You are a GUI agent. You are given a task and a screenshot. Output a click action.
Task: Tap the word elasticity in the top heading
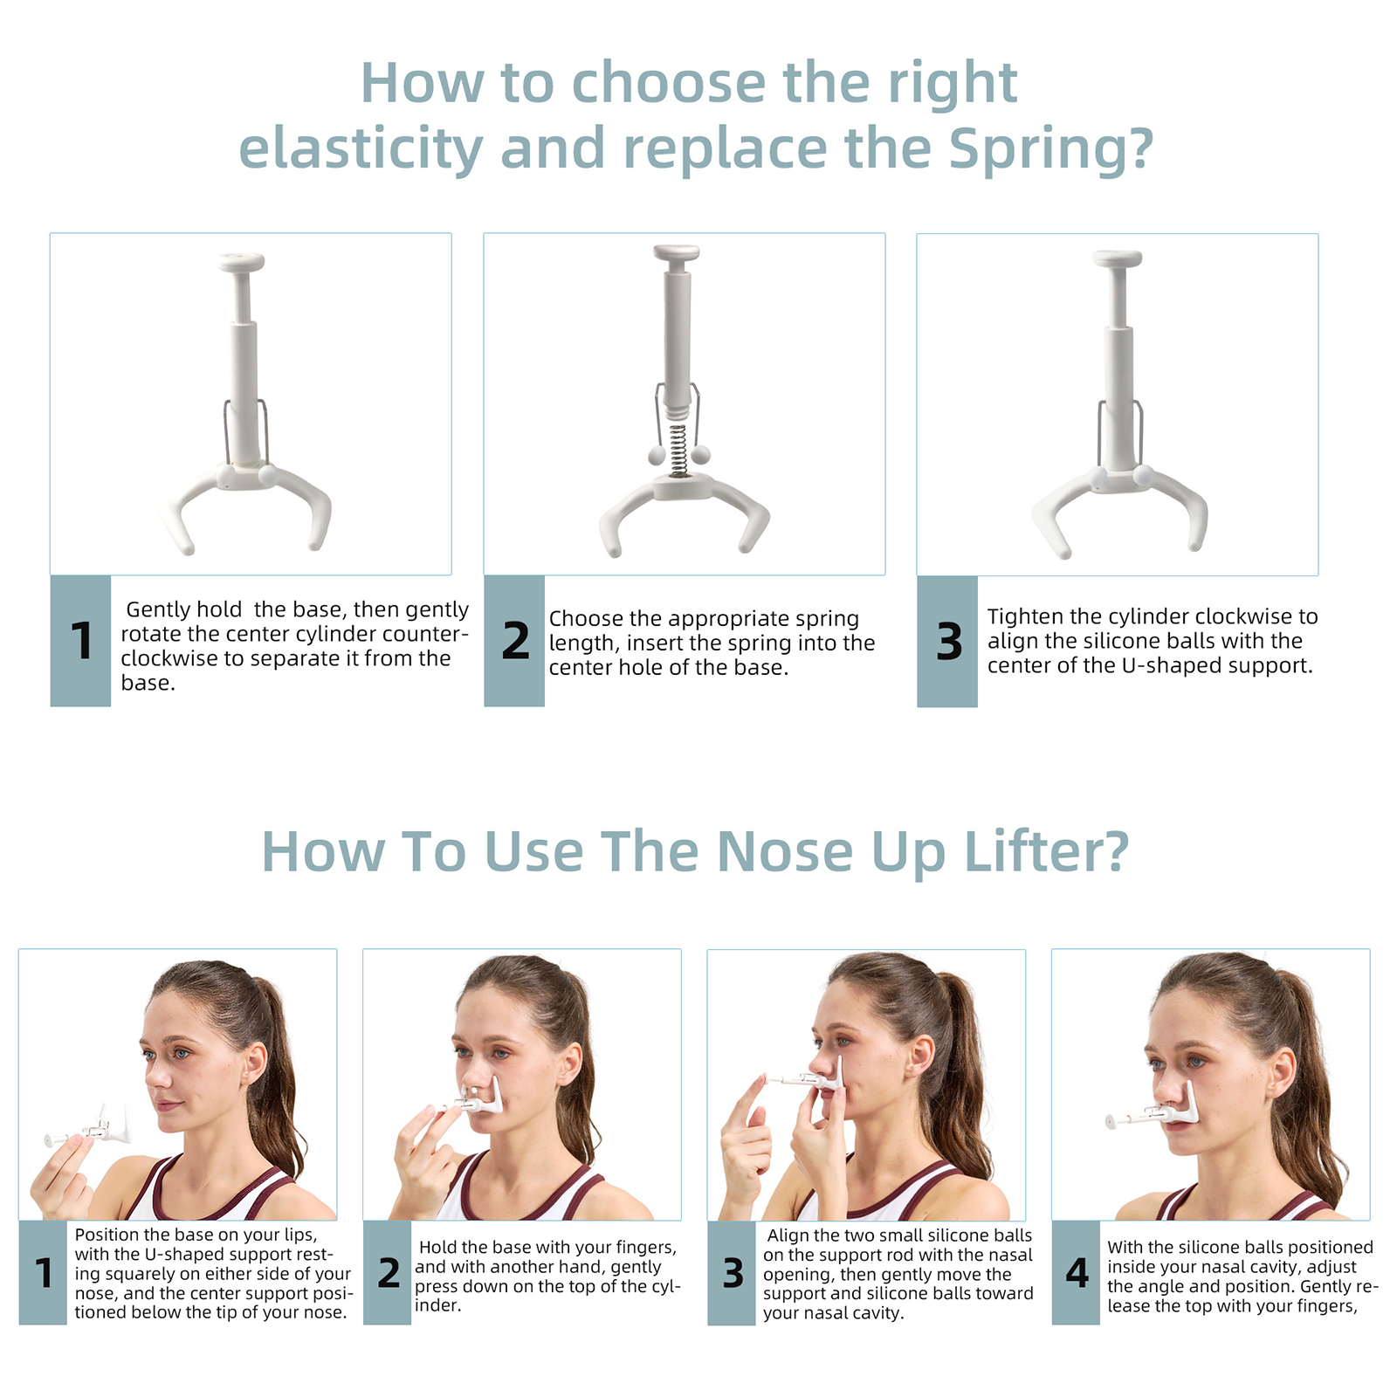point(361,148)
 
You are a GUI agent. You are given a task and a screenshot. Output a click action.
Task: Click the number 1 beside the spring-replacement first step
point(81,641)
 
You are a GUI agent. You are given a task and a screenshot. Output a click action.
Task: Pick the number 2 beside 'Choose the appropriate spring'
point(515,641)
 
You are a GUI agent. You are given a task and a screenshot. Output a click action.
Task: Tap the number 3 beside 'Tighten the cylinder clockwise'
point(948,642)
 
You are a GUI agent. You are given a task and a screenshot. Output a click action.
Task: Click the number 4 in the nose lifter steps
point(1077,1273)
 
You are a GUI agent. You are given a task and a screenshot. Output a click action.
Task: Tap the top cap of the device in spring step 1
point(242,262)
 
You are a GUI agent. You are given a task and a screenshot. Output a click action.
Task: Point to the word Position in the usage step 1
point(107,1235)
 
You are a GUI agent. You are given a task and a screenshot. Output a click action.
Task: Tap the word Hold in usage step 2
point(437,1248)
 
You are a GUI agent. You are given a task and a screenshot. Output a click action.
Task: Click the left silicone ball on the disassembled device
point(656,455)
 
